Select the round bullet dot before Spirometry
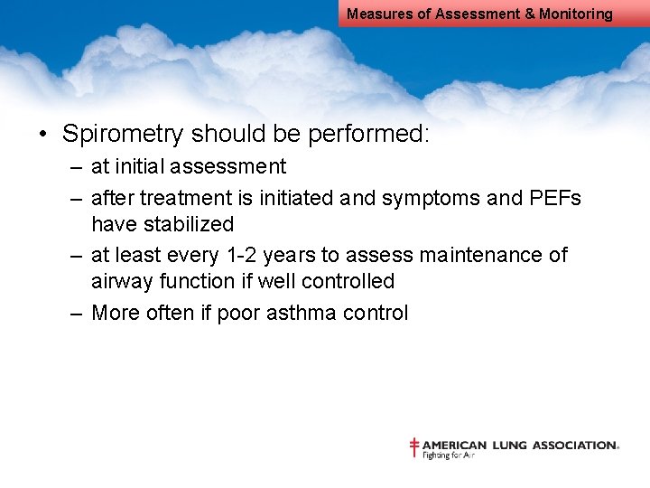[42, 136]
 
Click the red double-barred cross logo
[414, 447]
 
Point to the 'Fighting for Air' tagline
[449, 455]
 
